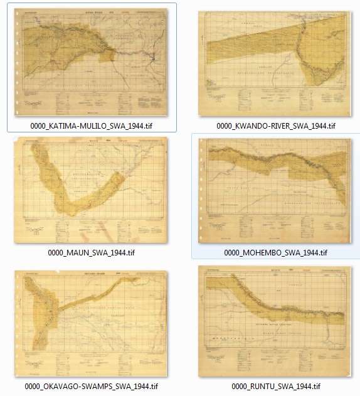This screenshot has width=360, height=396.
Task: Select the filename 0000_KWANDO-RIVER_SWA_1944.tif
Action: point(276,126)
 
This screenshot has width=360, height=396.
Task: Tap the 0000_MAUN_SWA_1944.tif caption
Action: point(92,253)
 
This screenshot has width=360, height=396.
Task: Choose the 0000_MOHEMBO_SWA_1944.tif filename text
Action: point(276,253)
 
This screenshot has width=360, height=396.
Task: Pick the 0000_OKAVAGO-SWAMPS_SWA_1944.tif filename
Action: point(92,386)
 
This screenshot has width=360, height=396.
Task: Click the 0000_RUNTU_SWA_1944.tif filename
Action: point(276,386)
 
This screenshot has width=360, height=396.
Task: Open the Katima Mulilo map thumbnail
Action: point(92,62)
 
